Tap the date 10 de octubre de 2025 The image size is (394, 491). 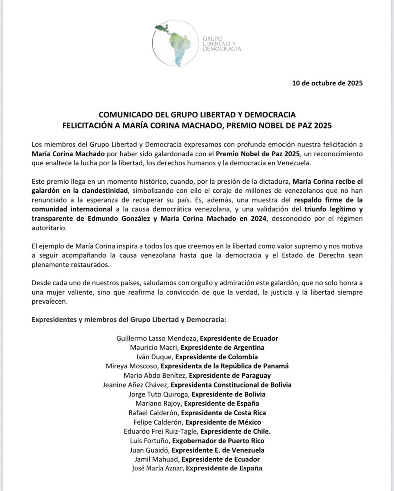(327, 83)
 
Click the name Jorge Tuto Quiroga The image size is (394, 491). (159, 394)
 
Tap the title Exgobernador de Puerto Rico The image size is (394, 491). (218, 441)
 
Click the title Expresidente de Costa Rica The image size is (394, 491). (223, 412)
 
